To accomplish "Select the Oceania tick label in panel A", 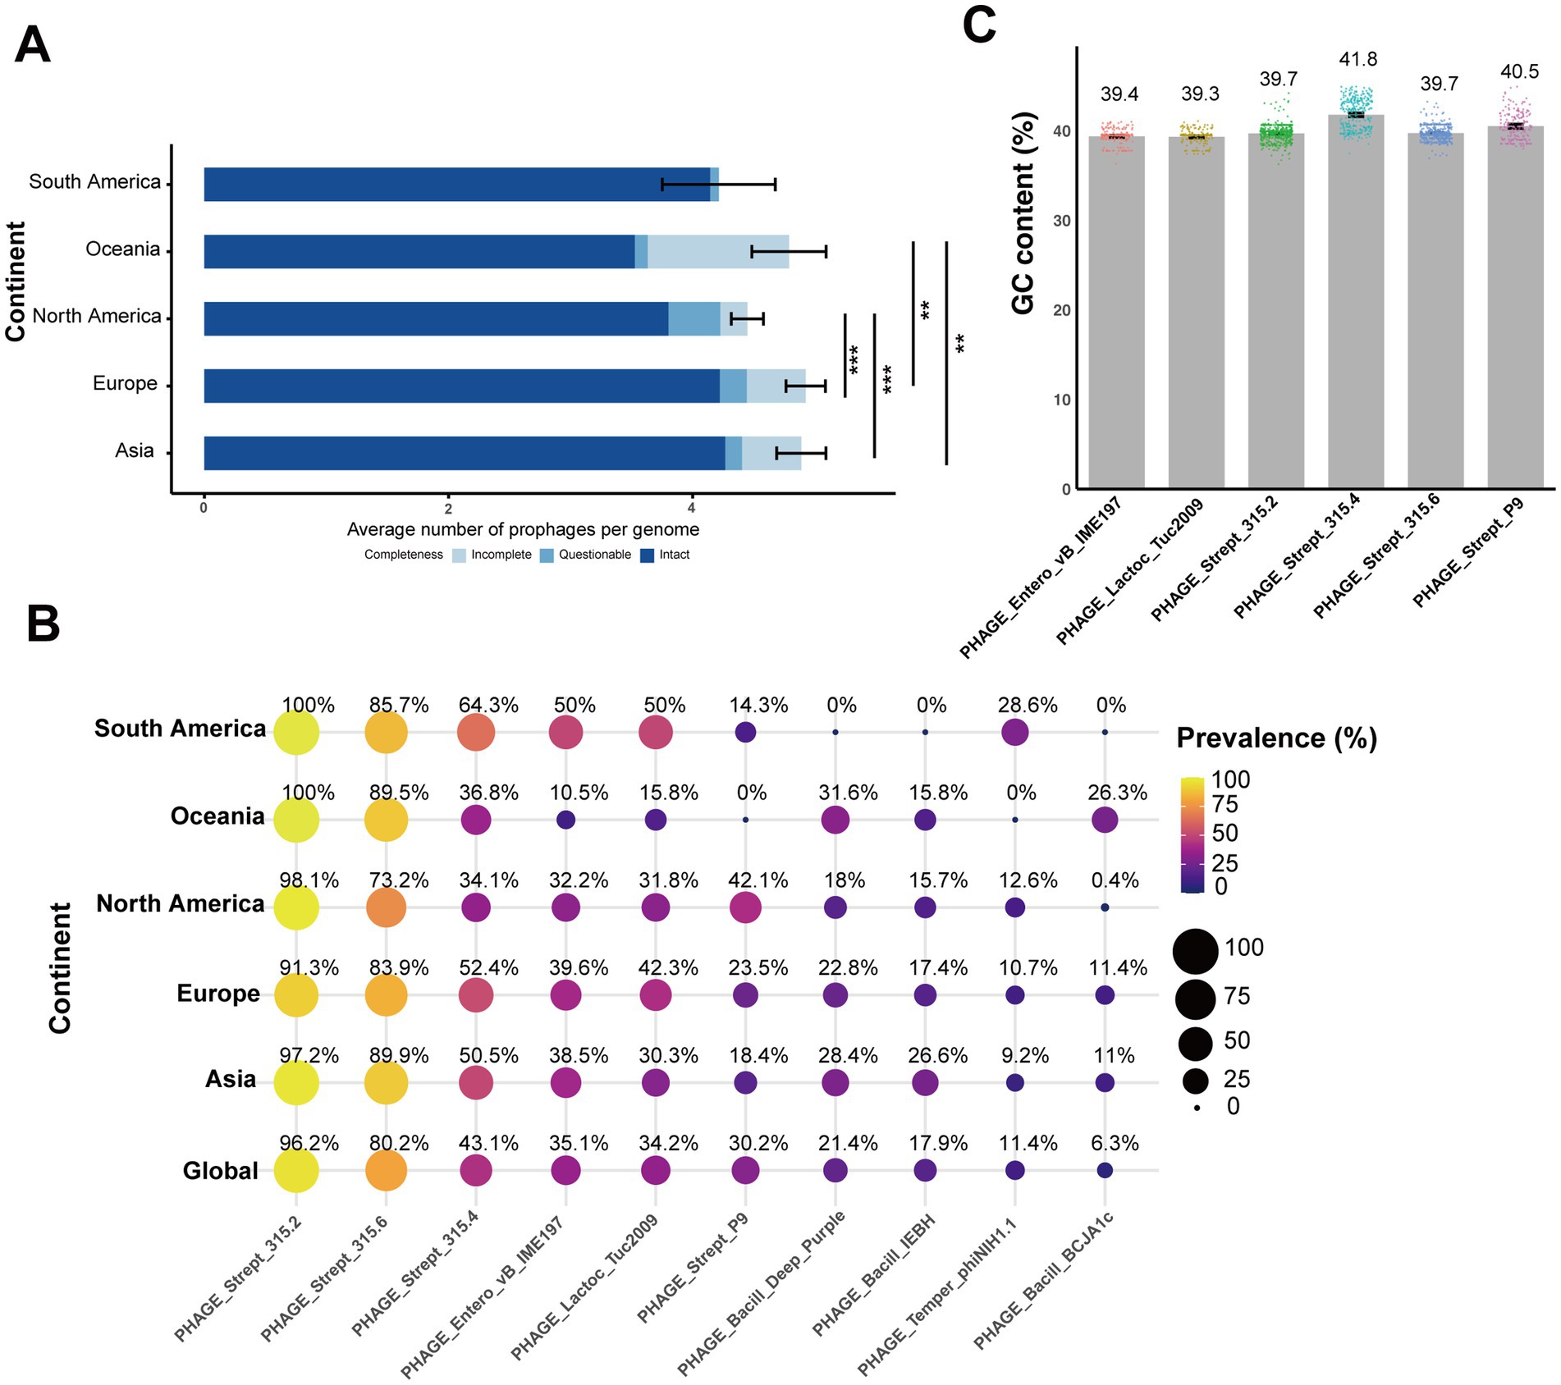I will pyautogui.click(x=123, y=249).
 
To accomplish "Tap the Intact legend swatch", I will pyautogui.click(x=647, y=555).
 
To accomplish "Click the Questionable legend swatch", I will pyautogui.click(x=547, y=555).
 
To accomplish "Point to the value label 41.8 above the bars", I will pyautogui.click(x=1357, y=59).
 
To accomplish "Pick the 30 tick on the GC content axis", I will pyautogui.click(x=1061, y=221).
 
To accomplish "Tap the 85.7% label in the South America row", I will pyautogui.click(x=398, y=706).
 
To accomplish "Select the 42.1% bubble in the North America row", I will pyautogui.click(x=744, y=908).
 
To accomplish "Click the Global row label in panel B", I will pyautogui.click(x=220, y=1171).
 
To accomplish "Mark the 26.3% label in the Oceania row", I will pyautogui.click(x=1117, y=793).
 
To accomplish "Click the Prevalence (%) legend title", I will pyautogui.click(x=1276, y=738).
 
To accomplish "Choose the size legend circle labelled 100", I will pyautogui.click(x=1195, y=951).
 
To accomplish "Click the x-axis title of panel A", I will pyautogui.click(x=523, y=530).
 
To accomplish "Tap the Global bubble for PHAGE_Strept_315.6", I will pyautogui.click(x=386, y=1170).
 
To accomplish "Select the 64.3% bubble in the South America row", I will pyautogui.click(x=476, y=732).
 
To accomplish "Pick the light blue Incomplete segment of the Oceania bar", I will pyautogui.click(x=717, y=252).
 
